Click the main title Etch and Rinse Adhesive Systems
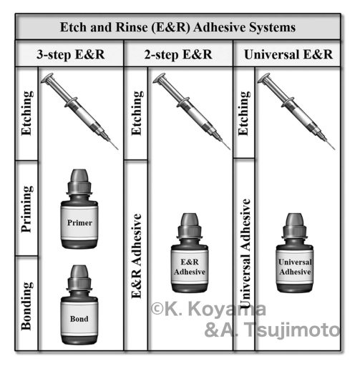tap(177, 27)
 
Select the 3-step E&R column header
tap(71, 54)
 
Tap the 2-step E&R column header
tap(178, 54)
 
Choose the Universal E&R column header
tap(288, 54)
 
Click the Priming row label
tap(26, 209)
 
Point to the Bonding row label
tap(26, 306)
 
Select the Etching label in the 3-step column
tap(26, 114)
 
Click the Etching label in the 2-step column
tap(137, 114)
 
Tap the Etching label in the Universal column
tap(244, 114)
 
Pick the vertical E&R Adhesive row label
tap(137, 256)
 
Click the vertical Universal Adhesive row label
tap(245, 253)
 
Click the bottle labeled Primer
tap(79, 209)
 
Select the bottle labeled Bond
tap(79, 305)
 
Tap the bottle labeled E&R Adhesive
tap(190, 253)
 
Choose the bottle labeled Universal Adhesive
tap(295, 253)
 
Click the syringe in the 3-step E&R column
tap(79, 112)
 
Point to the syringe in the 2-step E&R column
tap(191, 112)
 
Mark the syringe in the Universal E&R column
tap(296, 112)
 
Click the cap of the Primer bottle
tap(79, 182)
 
